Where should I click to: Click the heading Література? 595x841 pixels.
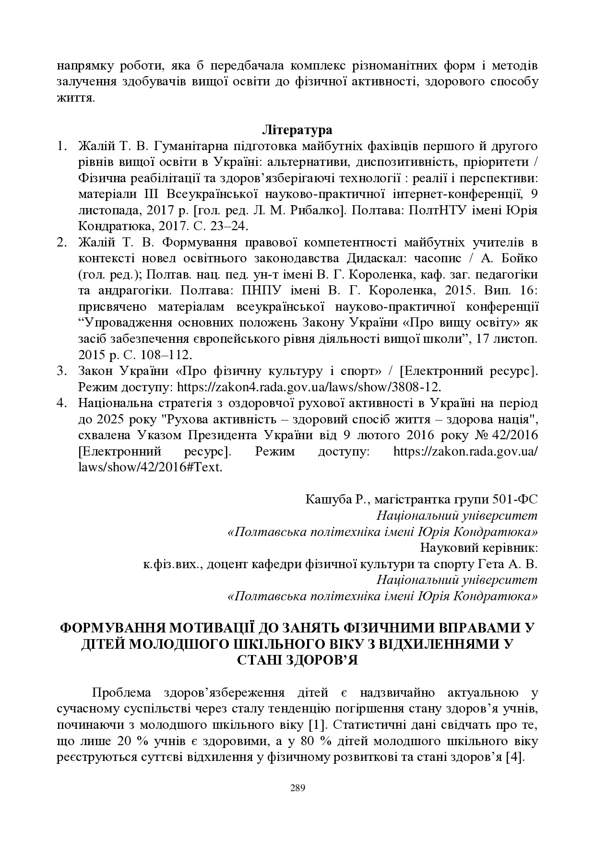click(297, 130)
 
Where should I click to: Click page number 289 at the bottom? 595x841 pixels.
click(297, 787)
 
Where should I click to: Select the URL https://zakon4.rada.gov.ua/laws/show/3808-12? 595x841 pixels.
click(309, 386)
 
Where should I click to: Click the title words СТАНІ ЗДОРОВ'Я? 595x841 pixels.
click(297, 660)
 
